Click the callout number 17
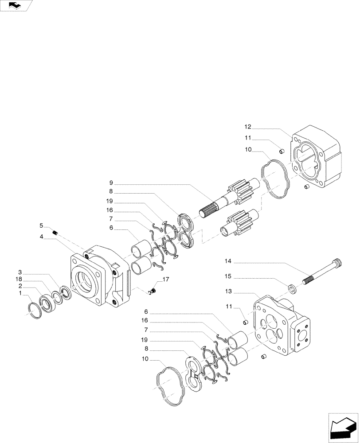click(166, 280)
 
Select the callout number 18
click(20, 280)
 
